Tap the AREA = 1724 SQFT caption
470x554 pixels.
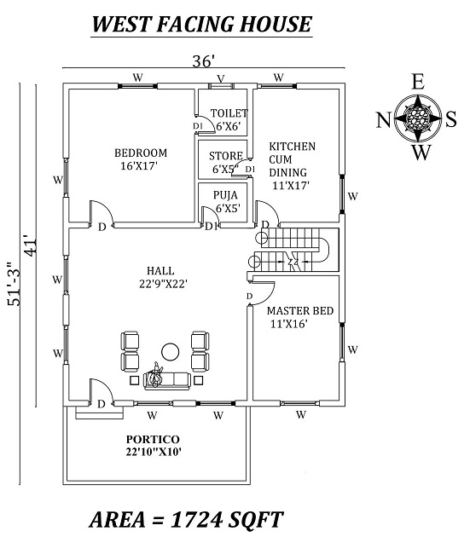tap(186, 518)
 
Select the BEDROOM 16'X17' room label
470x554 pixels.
tap(141, 159)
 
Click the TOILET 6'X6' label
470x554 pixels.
tap(229, 119)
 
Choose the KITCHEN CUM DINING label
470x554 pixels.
tap(292, 164)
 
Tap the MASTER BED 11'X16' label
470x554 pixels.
tap(298, 317)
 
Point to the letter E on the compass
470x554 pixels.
tap(418, 83)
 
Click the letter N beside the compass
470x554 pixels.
tap(382, 119)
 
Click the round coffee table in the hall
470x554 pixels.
tap(170, 349)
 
